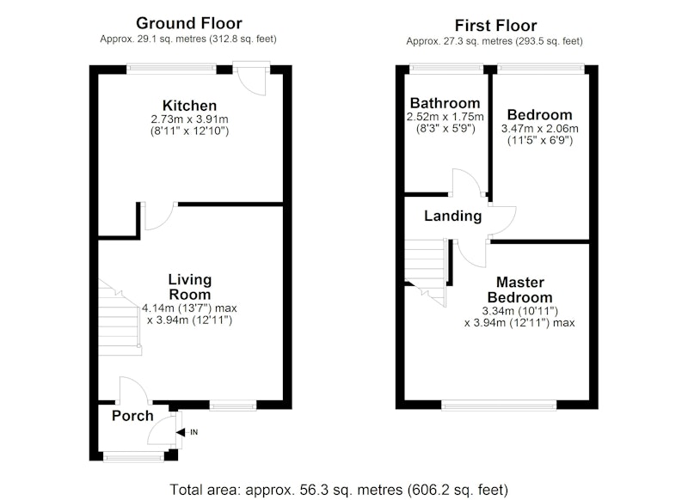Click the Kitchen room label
[189, 106]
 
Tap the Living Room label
[189, 287]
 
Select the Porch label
[132, 416]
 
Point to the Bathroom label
[445, 103]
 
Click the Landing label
[453, 216]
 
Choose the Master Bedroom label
[520, 290]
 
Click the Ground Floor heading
[189, 23]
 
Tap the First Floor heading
[496, 26]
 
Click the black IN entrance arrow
[181, 432]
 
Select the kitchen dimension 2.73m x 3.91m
[189, 119]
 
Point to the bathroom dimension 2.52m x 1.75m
[445, 117]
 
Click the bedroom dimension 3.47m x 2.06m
[540, 129]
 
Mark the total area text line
[339, 490]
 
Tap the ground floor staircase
[120, 318]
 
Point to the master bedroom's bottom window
[500, 405]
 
